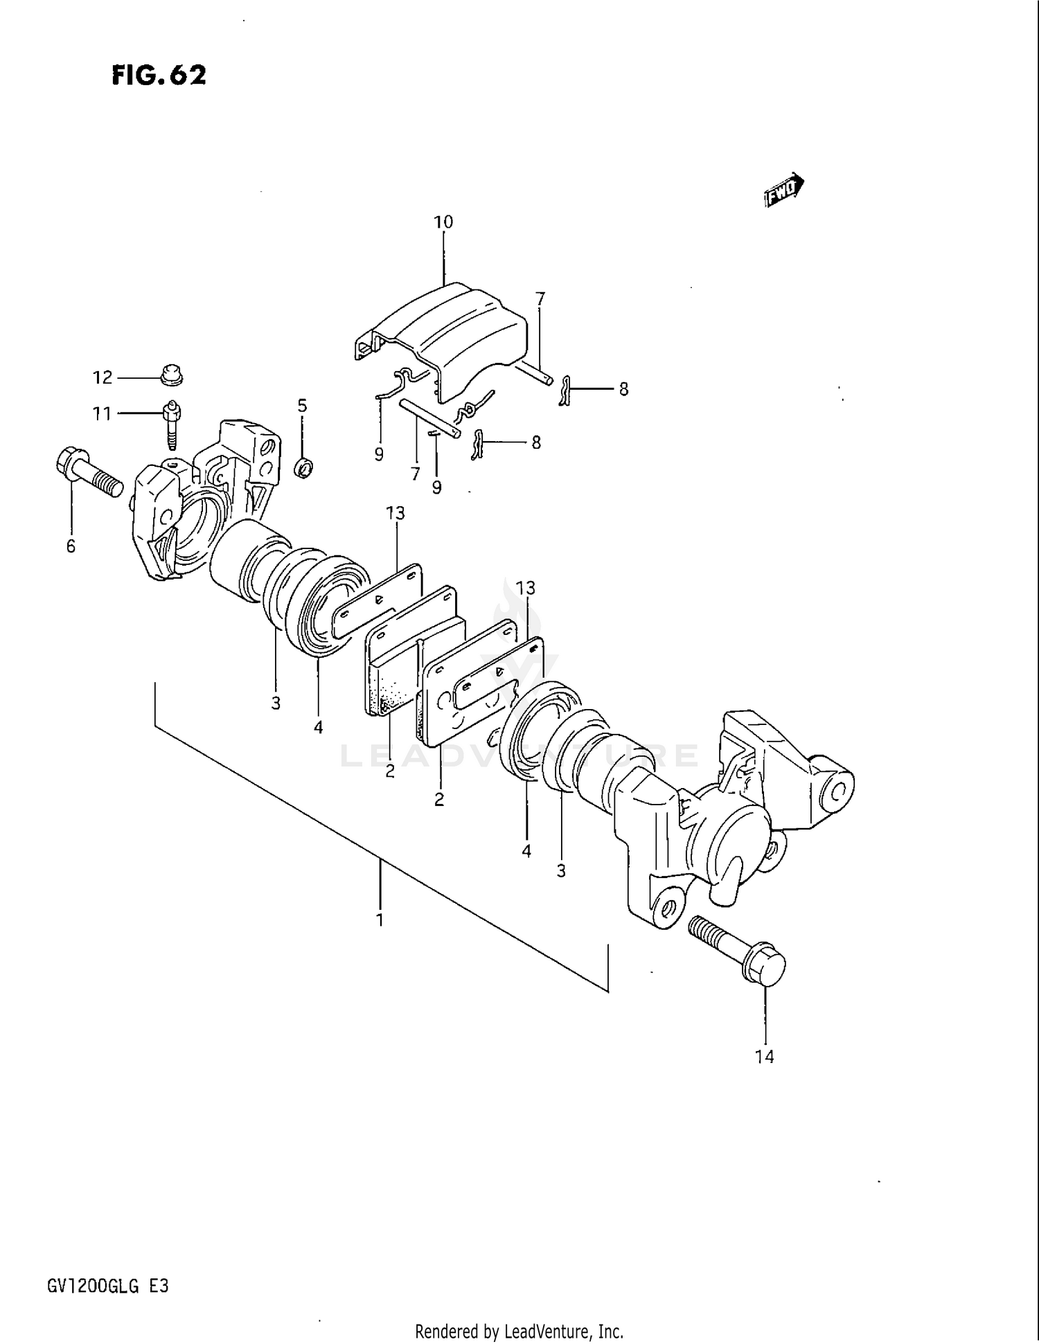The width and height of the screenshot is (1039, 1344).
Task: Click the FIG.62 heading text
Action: [x=159, y=75]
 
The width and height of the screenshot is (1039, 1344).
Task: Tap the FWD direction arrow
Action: [x=784, y=190]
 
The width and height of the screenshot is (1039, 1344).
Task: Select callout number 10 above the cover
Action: [x=443, y=222]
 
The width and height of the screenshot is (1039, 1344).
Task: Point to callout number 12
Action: [x=103, y=377]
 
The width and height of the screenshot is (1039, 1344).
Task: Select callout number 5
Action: [x=302, y=406]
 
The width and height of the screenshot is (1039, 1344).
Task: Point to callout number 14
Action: [x=765, y=1057]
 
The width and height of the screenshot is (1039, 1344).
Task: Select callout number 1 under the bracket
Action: [x=380, y=920]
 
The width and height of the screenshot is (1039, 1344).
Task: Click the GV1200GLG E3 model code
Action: [x=107, y=1287]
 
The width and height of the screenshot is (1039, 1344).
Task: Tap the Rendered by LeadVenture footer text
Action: [x=519, y=1331]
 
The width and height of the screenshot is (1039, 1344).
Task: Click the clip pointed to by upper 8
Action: [x=565, y=391]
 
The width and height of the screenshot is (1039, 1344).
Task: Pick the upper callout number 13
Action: [x=396, y=513]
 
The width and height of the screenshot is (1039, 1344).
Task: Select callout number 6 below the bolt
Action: [x=71, y=546]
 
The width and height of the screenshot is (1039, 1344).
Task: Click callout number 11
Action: [x=103, y=414]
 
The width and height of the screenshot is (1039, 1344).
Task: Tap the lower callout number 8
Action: [x=536, y=442]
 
